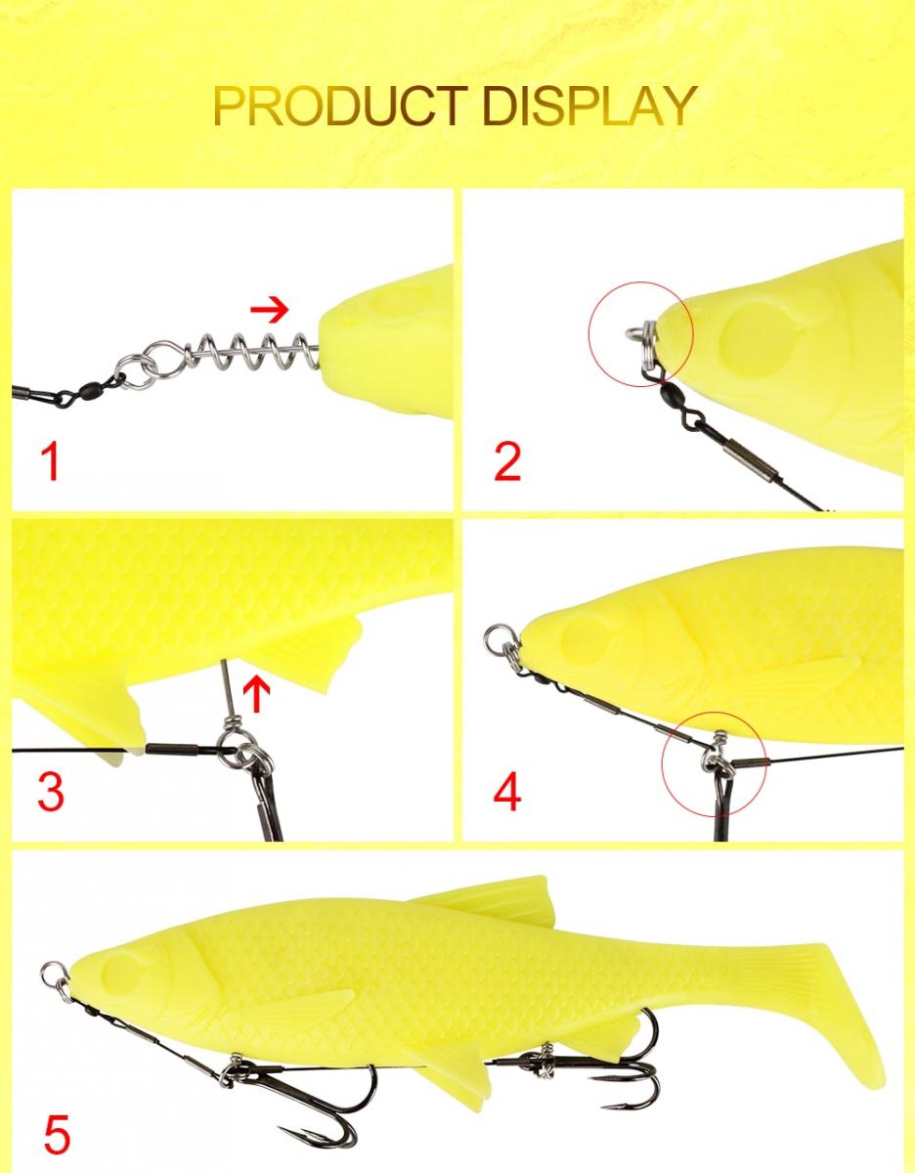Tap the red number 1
click(50, 460)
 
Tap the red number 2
click(507, 461)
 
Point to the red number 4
click(507, 792)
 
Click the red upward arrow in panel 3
click(257, 695)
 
